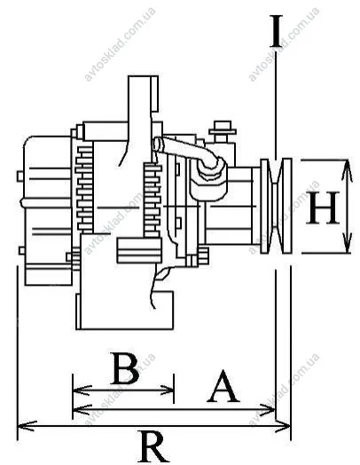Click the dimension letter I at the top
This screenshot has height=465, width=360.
276,31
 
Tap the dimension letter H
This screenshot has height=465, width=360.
323,208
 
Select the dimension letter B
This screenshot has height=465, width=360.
126,368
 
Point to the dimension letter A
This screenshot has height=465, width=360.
223,386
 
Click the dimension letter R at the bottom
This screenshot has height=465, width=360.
154,447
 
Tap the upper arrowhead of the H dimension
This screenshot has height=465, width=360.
347,170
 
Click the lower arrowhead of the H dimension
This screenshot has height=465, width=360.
347,243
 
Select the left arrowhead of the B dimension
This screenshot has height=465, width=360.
82,390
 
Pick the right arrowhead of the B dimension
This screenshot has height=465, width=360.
165,390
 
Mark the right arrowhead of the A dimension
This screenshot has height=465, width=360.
266,410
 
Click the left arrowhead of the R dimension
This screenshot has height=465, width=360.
27,426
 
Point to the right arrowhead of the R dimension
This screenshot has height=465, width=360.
281,426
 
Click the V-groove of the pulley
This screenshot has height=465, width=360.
276,207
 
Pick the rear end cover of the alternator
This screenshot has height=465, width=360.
47,210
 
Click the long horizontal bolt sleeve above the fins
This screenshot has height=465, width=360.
106,130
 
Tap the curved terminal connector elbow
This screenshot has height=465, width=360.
190,154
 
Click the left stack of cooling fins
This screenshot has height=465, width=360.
85,188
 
